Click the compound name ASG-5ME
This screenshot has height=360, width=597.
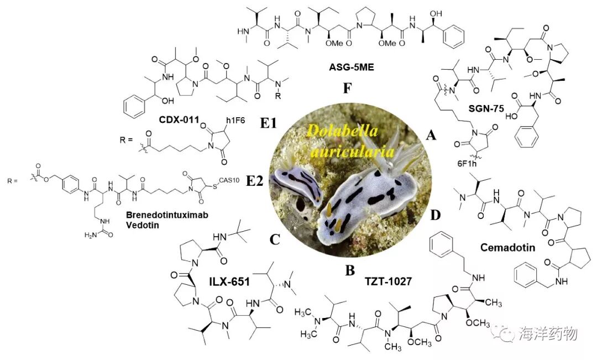(x=352, y=68)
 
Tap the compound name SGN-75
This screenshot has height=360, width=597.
(x=486, y=109)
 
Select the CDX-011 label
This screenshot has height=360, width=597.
(x=179, y=119)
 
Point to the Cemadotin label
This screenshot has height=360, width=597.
(x=507, y=248)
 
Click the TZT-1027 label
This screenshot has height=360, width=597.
(x=388, y=281)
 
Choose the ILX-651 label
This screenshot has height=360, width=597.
(x=229, y=282)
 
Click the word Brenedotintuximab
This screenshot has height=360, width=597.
(x=167, y=215)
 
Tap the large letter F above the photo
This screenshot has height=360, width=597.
(x=347, y=88)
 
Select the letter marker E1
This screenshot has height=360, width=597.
(x=268, y=123)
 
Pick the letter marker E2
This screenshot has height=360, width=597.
(x=255, y=181)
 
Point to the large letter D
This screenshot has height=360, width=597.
(x=435, y=215)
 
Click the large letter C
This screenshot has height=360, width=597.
(x=275, y=239)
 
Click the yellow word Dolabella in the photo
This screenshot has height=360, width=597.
(x=342, y=132)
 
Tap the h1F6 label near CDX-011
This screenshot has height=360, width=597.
(x=235, y=121)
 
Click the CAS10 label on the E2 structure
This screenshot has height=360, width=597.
(x=229, y=180)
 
